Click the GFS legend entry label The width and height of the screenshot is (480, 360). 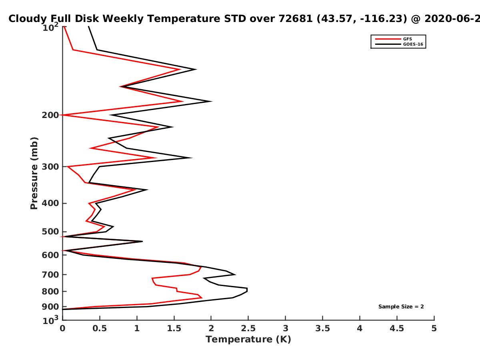pyautogui.click(x=407, y=39)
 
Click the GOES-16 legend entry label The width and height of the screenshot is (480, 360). pyautogui.click(x=413, y=44)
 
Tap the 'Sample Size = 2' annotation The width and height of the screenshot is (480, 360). pyautogui.click(x=401, y=307)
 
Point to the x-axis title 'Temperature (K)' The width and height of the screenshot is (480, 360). pyautogui.click(x=248, y=340)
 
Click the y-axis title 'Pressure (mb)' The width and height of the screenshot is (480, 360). pyautogui.click(x=34, y=173)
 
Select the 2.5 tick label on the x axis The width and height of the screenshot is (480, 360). pyautogui.click(x=248, y=328)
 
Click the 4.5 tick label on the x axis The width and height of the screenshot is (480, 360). pyautogui.click(x=397, y=328)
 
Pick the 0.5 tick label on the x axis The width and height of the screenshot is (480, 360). pyautogui.click(x=100, y=328)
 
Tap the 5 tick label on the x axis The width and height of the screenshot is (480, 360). pyautogui.click(x=434, y=328)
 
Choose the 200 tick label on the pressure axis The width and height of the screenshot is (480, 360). pyautogui.click(x=50, y=115)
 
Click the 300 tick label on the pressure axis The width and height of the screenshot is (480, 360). pyautogui.click(x=50, y=167)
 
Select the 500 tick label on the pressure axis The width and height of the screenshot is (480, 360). pyautogui.click(x=50, y=232)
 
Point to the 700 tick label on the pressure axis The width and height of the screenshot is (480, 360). pyautogui.click(x=50, y=275)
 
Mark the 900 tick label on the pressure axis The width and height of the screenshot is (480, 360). pyautogui.click(x=50, y=307)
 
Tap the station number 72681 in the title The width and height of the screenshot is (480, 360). pyautogui.click(x=296, y=18)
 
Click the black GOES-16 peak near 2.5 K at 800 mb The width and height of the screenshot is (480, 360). pyautogui.click(x=247, y=290)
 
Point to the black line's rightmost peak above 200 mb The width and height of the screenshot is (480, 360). pyautogui.click(x=211, y=101)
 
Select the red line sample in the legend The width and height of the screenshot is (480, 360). pyautogui.click(x=388, y=39)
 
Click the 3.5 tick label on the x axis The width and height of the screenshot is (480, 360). pyautogui.click(x=322, y=328)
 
